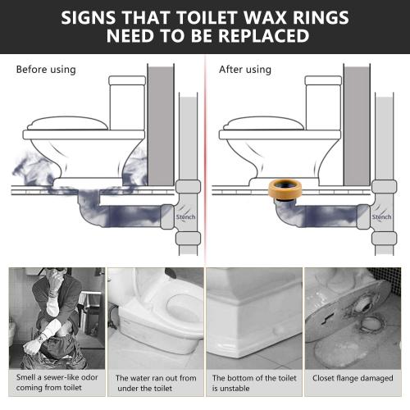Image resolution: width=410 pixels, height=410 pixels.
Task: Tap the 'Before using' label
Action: click(46, 70)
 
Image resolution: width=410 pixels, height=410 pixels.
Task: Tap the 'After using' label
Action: click(244, 70)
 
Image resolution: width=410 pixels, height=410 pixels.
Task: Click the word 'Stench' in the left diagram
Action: click(188, 217)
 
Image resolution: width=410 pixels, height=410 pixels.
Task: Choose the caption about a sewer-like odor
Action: click(52, 384)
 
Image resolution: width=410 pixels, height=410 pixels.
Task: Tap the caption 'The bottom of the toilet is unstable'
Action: click(254, 384)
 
